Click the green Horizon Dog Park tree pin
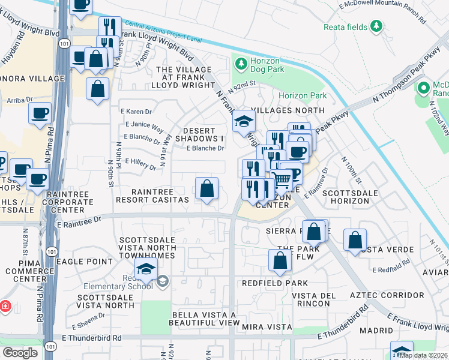[x=241, y=63]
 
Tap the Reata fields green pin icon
[x=376, y=26]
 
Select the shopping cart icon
[x=281, y=179]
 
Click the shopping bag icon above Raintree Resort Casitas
[x=206, y=188]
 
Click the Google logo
[x=20, y=352]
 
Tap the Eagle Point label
[x=83, y=262]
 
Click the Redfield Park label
[x=274, y=283]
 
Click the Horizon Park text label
[x=302, y=96]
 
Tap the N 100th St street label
[x=352, y=172]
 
